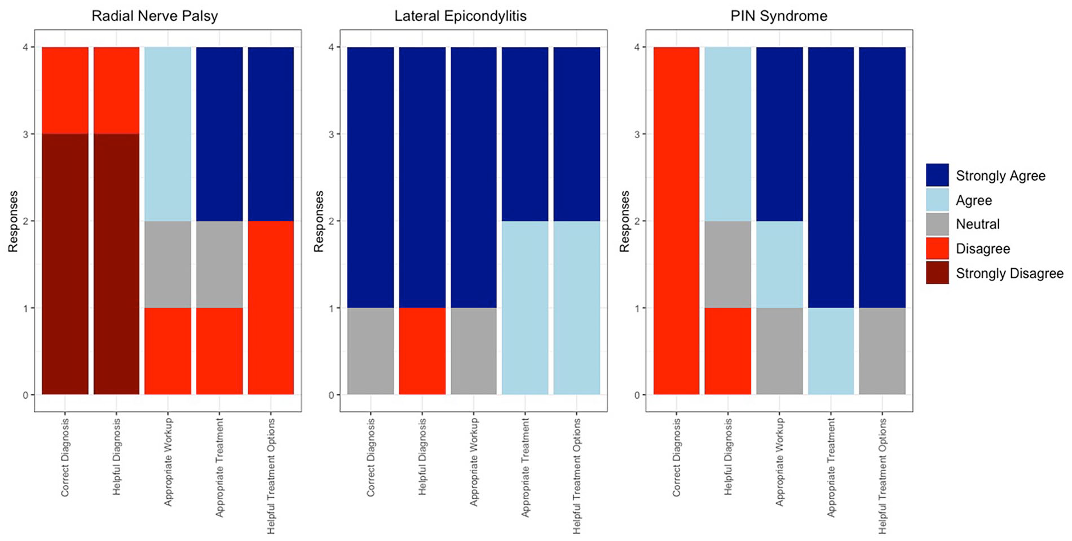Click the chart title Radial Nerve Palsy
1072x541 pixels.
pyautogui.click(x=155, y=16)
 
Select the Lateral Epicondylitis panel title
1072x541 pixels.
pyautogui.click(x=460, y=16)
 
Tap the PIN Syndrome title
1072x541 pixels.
pyautogui.click(x=779, y=16)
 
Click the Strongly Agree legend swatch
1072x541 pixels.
pyautogui.click(x=937, y=175)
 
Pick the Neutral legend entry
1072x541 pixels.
pyautogui.click(x=977, y=225)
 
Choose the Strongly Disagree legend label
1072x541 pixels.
pyautogui.click(x=1009, y=274)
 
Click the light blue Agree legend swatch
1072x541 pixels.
pyautogui.click(x=937, y=200)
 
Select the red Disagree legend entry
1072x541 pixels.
pyautogui.click(x=982, y=249)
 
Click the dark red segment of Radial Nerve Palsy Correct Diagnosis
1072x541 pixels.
pyautogui.click(x=65, y=264)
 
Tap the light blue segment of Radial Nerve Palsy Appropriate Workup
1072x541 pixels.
pyautogui.click(x=168, y=134)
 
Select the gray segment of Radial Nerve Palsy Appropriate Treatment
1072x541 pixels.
pyautogui.click(x=219, y=265)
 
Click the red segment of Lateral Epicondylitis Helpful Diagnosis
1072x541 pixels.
pyautogui.click(x=422, y=351)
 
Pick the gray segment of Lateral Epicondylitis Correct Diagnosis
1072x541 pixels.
pyautogui.click(x=370, y=351)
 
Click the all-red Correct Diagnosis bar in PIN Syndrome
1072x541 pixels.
pyautogui.click(x=676, y=221)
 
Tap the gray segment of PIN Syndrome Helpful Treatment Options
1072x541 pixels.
pyautogui.click(x=883, y=351)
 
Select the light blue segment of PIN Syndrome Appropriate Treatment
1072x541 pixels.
pyautogui.click(x=831, y=351)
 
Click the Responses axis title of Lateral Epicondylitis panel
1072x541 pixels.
pyautogui.click(x=320, y=221)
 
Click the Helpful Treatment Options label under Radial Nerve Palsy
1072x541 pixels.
pyautogui.click(x=271, y=476)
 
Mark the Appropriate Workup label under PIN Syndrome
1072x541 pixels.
pyautogui.click(x=779, y=462)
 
